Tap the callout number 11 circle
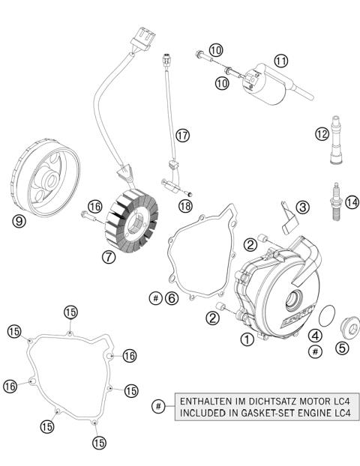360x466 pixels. tap(280, 61)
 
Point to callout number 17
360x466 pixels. tap(182, 135)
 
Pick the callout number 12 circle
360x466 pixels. tap(322, 135)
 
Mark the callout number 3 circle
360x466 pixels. tap(302, 206)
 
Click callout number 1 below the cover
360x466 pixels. tap(245, 339)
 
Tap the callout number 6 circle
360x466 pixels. tap(172, 298)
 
